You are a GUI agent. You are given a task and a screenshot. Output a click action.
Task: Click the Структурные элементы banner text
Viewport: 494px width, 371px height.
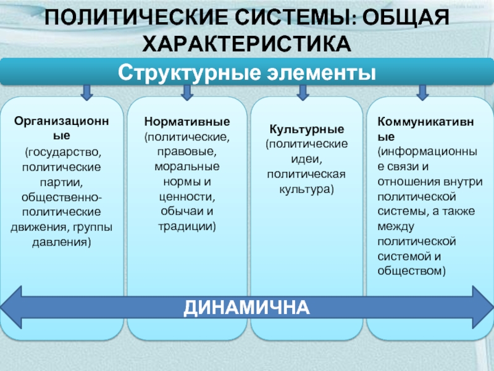point(247,72)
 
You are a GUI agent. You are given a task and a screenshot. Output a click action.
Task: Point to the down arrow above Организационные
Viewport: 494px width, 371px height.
point(86,92)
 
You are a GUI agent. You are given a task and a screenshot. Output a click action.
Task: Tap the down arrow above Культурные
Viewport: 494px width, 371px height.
point(303,92)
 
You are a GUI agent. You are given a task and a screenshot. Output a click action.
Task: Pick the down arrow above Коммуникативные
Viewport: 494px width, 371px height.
point(422,92)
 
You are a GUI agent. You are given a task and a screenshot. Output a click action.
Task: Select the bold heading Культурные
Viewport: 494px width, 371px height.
point(306,130)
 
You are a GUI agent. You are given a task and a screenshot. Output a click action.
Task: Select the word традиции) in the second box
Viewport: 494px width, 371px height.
point(187,226)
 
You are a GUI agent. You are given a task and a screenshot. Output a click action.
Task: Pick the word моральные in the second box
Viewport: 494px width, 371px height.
point(187,167)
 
